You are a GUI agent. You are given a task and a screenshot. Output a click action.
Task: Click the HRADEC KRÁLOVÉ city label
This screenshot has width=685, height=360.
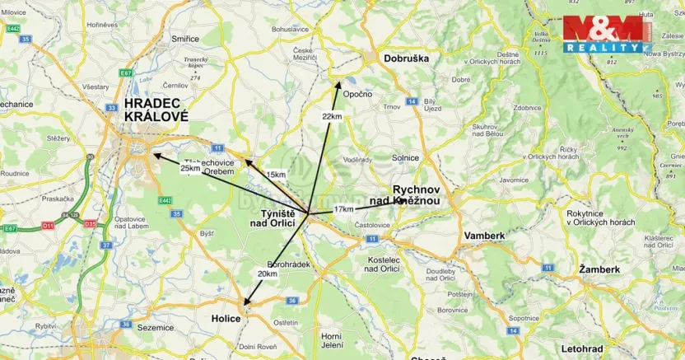tap(156, 110)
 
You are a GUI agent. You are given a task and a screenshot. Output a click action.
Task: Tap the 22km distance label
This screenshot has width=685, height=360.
tap(332, 117)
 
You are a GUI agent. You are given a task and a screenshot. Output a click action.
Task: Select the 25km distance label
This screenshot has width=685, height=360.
tap(190, 168)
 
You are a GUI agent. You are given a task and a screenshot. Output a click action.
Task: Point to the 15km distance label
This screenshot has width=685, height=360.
tap(276, 175)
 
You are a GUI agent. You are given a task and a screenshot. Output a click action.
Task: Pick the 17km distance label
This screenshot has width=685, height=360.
tap(344, 209)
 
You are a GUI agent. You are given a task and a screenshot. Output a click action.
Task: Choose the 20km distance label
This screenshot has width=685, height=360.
tap(267, 274)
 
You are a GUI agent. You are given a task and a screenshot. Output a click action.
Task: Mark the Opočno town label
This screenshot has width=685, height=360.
tap(358, 95)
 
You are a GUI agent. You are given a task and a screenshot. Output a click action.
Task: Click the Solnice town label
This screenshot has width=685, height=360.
tap(405, 157)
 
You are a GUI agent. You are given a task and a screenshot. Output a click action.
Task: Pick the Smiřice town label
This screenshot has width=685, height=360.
tap(184, 38)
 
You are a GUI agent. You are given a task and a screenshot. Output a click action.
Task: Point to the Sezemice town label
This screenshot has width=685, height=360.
tap(156, 327)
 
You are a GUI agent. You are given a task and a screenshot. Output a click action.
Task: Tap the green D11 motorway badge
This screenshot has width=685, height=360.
tap(48, 224)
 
